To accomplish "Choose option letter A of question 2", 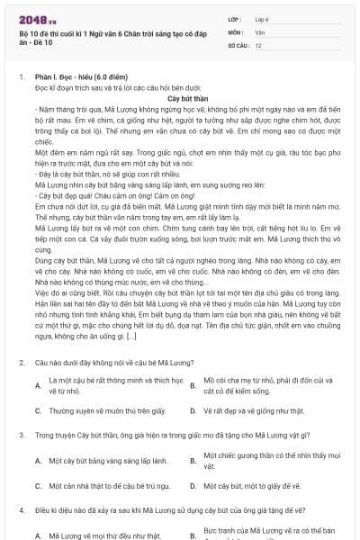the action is click(37, 386).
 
